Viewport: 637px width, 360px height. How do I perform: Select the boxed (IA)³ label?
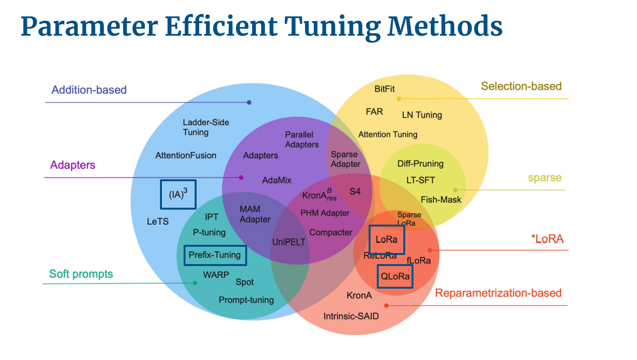pos(178,195)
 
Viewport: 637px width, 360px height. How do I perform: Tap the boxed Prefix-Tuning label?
pos(215,255)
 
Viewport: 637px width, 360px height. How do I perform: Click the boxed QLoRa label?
pos(395,277)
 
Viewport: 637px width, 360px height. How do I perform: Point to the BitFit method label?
pos(385,89)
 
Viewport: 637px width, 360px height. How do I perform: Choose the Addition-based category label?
pos(89,90)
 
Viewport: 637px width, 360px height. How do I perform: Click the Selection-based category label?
pos(521,86)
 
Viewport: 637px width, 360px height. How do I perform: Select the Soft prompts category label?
pos(81,274)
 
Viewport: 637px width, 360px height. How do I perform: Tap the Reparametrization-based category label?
pos(498,293)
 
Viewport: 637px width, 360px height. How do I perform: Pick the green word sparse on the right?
pos(544,178)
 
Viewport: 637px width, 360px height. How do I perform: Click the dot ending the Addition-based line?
pos(249,102)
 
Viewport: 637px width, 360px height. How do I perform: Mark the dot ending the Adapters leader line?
pos(241,177)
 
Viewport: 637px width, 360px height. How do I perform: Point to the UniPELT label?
pos(289,242)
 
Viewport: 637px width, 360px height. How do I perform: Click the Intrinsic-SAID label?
pos(351,317)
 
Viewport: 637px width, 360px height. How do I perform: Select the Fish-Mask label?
pos(441,200)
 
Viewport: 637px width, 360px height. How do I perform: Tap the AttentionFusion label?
pos(186,155)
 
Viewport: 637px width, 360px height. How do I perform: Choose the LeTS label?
pos(158,222)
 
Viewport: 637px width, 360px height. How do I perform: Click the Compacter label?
pos(331,232)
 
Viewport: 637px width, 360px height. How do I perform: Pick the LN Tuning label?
pos(422,115)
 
